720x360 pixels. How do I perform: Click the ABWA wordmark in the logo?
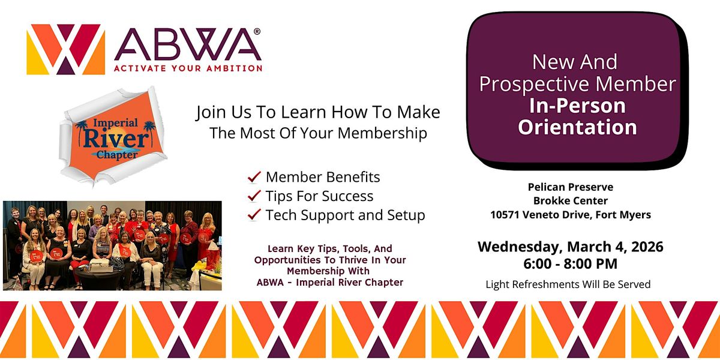pos(188,44)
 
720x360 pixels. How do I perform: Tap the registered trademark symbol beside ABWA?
pos(257,31)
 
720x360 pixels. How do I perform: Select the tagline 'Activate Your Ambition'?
pos(188,68)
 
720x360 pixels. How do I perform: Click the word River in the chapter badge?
pos(116,139)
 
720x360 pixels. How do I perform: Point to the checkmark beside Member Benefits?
pos(254,177)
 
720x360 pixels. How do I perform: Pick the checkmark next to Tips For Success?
pos(254,196)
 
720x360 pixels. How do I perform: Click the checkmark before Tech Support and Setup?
pos(254,215)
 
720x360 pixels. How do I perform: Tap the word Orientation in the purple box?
pos(577,127)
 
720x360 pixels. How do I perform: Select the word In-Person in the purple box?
pos(577,106)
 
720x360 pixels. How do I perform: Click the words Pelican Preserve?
pos(571,187)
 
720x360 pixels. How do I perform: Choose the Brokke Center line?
pos(571,200)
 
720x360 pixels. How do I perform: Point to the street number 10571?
pos(505,214)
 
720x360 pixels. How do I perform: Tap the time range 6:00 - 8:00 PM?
pos(570,263)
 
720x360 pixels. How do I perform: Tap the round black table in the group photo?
pos(100,277)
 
